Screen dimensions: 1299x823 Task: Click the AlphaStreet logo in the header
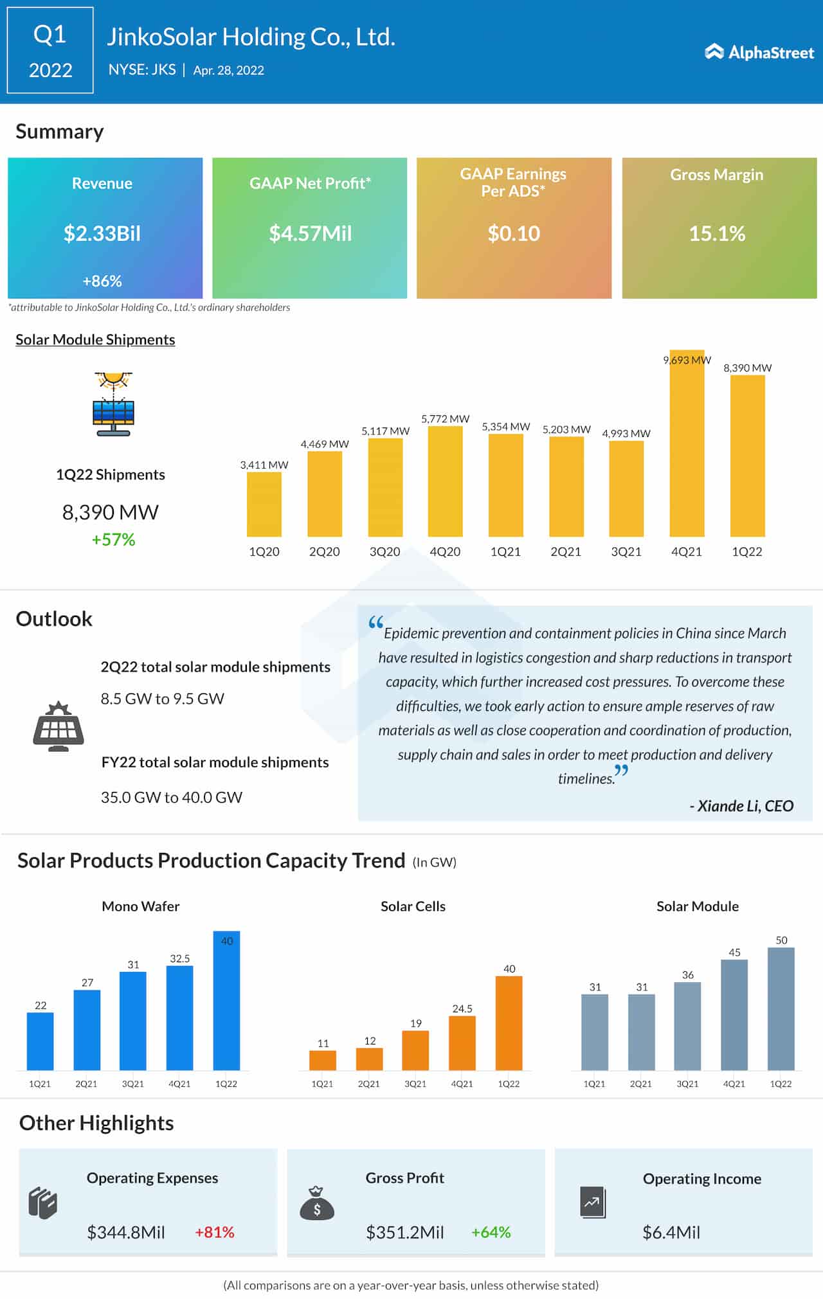click(759, 52)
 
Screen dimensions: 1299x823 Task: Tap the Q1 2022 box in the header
click(50, 51)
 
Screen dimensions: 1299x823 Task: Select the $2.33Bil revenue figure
click(102, 233)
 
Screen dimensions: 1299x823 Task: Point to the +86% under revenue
click(102, 281)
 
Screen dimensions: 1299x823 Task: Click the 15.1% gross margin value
click(717, 233)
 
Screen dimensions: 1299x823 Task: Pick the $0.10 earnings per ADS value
click(514, 233)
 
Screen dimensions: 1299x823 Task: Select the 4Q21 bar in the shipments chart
click(687, 443)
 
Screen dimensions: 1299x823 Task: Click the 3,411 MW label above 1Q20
click(264, 465)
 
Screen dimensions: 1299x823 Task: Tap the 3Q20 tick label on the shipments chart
click(384, 551)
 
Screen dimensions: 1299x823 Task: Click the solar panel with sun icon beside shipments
click(113, 404)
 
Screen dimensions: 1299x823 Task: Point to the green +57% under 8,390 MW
click(113, 539)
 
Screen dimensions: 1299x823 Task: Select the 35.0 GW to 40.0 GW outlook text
click(172, 797)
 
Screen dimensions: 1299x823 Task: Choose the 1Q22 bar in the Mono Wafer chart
click(226, 1000)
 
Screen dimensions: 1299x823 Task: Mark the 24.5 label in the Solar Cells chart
click(462, 1008)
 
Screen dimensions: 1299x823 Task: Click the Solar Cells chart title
click(413, 906)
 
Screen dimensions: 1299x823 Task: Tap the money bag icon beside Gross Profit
click(317, 1204)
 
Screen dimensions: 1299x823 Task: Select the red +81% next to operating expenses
click(215, 1232)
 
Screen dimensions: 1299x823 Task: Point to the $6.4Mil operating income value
click(671, 1232)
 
